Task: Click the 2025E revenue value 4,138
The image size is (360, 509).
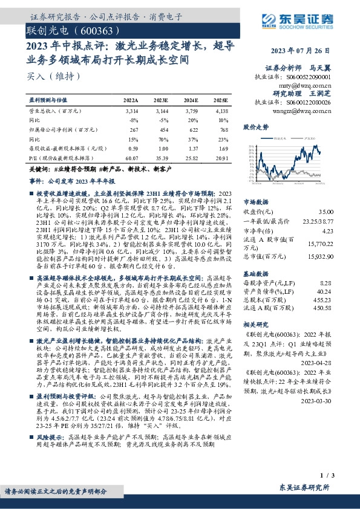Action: coord(221,112)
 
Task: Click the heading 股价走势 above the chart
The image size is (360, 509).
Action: coord(255,128)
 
